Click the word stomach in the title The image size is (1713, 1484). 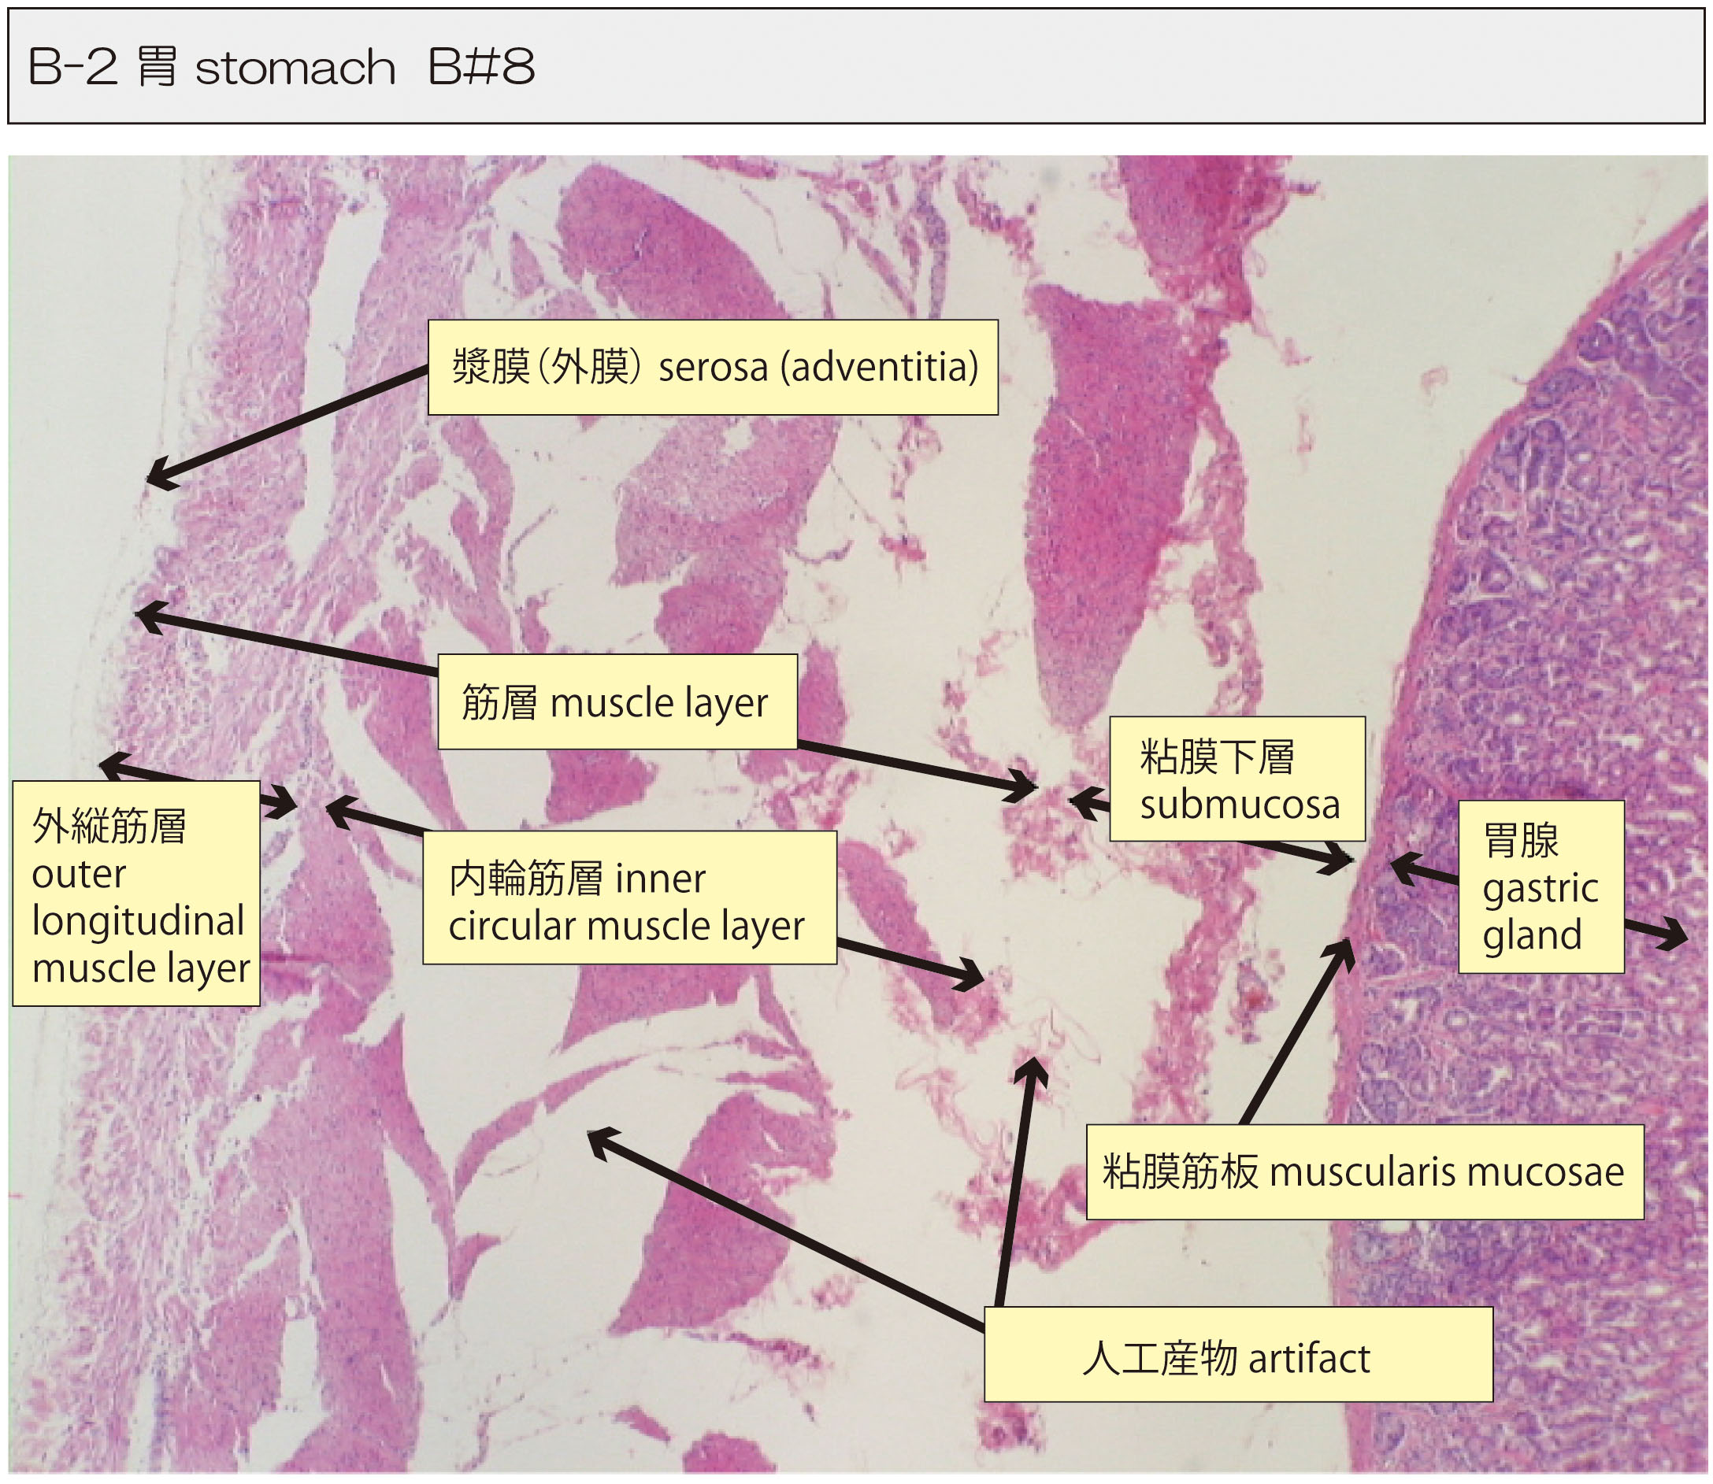(x=295, y=68)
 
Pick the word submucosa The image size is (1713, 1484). (x=1239, y=805)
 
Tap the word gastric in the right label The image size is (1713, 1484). (x=1540, y=889)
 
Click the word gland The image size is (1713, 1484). (x=1532, y=936)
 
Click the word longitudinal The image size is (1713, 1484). (x=138, y=921)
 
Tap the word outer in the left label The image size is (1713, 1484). (x=79, y=874)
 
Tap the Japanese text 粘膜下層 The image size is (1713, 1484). (x=1216, y=757)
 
